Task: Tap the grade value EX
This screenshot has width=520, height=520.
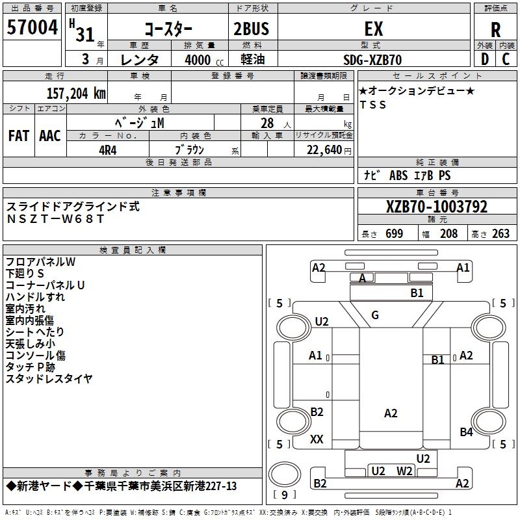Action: (x=373, y=29)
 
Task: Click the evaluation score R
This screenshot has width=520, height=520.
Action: (x=495, y=31)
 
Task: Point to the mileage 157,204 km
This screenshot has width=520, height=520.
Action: (x=75, y=93)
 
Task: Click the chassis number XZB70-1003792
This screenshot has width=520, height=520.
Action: (x=436, y=207)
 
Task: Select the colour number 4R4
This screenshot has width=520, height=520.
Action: (x=107, y=149)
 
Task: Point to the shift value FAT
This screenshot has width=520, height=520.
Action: (x=19, y=135)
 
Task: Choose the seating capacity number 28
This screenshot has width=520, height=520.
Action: (x=266, y=123)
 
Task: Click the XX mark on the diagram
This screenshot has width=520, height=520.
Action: (x=317, y=439)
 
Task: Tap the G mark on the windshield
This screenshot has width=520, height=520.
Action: (x=375, y=315)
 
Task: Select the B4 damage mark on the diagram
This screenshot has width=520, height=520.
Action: (x=466, y=432)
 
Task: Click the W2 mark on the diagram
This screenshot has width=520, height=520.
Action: (x=405, y=471)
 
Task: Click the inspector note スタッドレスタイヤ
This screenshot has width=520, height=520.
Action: (x=49, y=378)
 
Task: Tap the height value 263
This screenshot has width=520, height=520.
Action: (x=500, y=234)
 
